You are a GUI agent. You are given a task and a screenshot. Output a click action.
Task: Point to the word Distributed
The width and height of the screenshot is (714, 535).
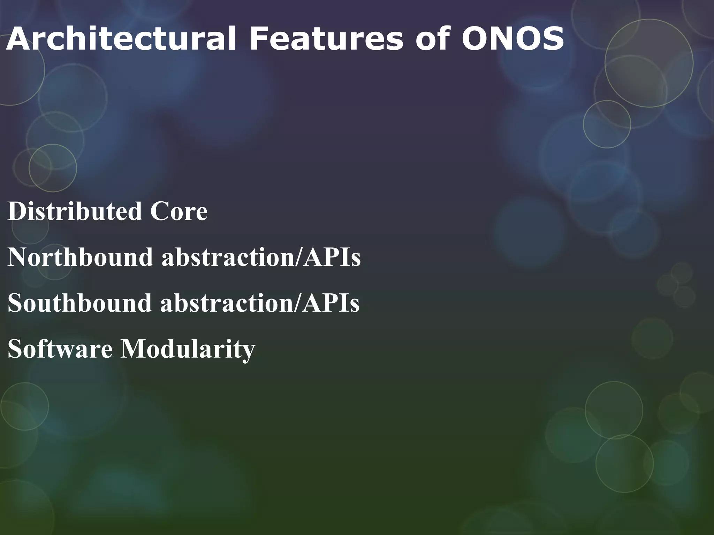coord(75,211)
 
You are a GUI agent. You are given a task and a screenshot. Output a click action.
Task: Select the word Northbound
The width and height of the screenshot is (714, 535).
coord(80,257)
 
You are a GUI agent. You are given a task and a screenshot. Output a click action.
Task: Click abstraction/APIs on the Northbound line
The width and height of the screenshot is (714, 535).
coord(261,257)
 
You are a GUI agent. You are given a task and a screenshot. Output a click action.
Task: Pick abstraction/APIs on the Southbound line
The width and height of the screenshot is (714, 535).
coord(260,303)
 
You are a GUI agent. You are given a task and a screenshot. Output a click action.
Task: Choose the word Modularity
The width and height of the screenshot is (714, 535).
coord(188,349)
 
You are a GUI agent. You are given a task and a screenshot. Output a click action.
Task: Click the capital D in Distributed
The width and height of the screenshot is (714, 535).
coord(16,211)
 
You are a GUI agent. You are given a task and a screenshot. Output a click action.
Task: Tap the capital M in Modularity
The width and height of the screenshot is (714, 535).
coord(134,349)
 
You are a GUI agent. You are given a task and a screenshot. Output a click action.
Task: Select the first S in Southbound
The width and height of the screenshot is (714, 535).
coord(15,303)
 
